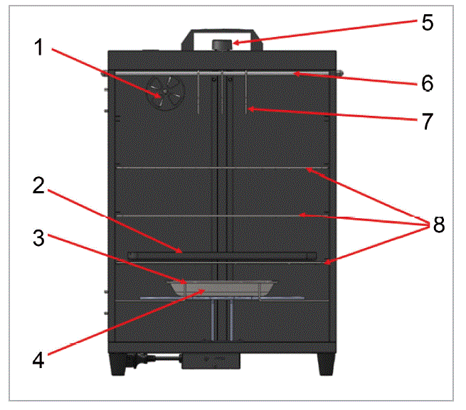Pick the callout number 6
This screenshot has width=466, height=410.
(427, 83)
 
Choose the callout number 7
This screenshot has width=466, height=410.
(427, 121)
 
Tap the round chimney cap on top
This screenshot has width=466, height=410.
(221, 45)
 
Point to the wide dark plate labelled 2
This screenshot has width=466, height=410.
(221, 254)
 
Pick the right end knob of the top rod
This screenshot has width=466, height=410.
(342, 72)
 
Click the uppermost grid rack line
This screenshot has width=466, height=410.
(221, 168)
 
